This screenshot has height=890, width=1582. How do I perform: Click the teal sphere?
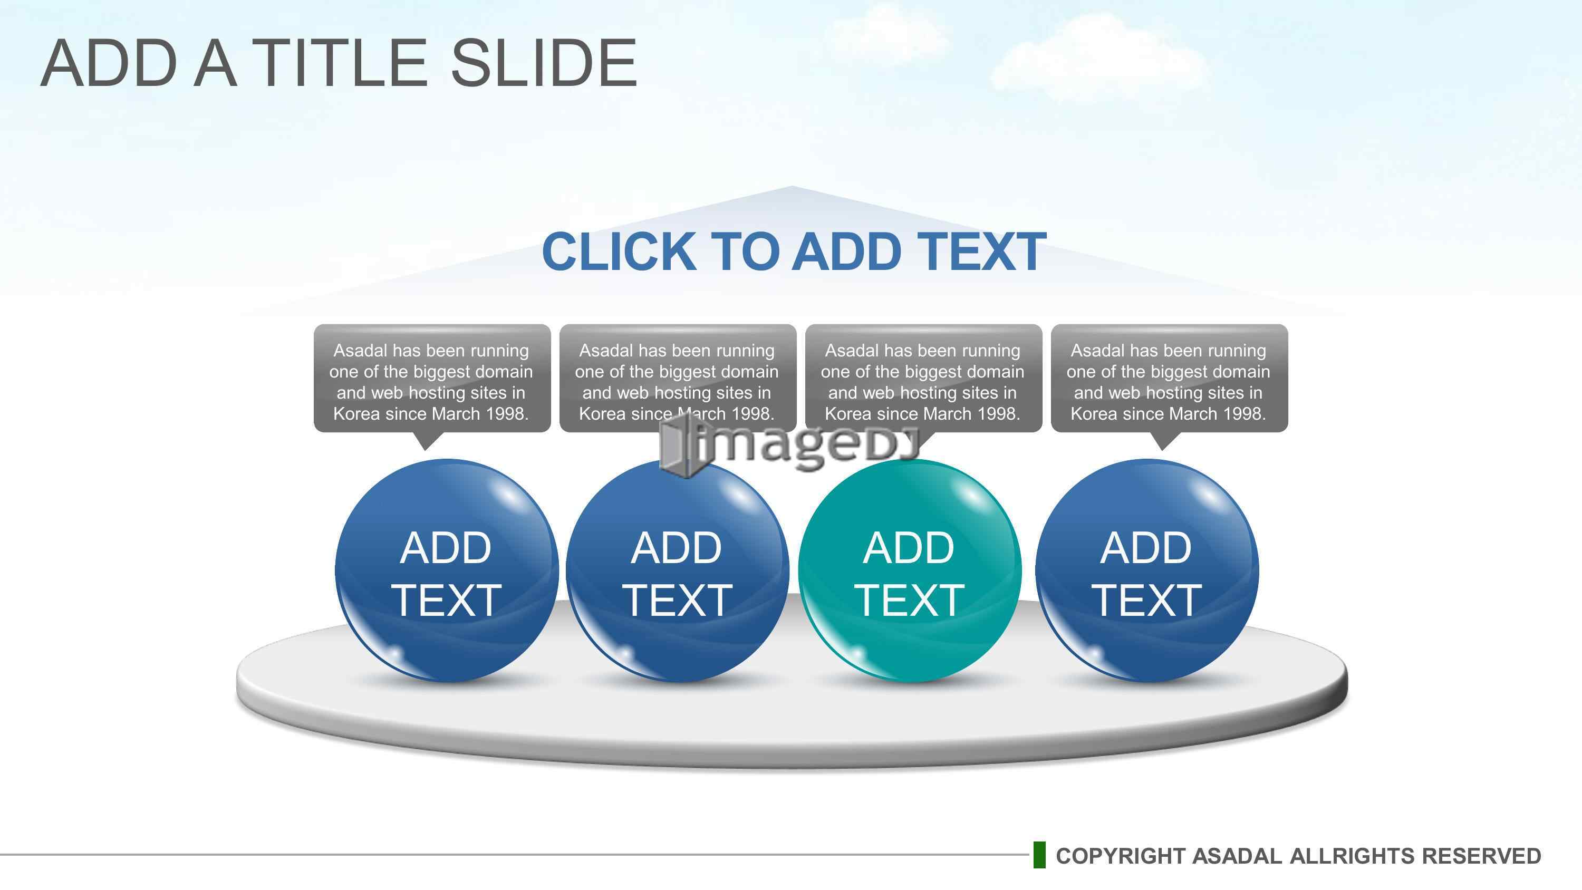tap(910, 570)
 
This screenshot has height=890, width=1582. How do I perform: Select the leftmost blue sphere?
tap(447, 570)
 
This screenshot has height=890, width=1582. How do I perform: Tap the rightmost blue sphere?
tap(1146, 570)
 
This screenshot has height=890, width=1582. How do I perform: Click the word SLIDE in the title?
tap(544, 63)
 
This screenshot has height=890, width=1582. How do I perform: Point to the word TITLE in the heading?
tap(339, 63)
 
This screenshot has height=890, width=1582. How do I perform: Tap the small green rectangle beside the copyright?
tap(1039, 855)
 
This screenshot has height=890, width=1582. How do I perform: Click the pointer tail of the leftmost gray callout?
tap(426, 441)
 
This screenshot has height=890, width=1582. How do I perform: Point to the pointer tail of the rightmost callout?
tap(1163, 441)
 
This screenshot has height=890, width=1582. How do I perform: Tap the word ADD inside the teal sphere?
tap(909, 548)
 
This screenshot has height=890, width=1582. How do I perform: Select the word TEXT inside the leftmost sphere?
tap(447, 600)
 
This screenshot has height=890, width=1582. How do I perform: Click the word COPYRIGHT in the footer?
tap(1121, 856)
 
